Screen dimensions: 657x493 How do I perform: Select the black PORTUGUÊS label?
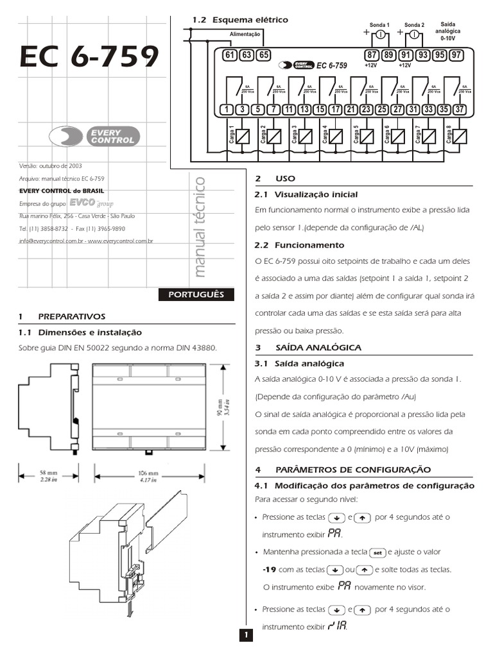pos(196,294)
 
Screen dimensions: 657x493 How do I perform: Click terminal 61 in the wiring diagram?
pos(230,55)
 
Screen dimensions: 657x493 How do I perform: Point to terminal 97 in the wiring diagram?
pos(456,55)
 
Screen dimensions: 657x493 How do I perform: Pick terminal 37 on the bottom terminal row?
pos(459,109)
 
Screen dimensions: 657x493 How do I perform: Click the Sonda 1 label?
pos(379,24)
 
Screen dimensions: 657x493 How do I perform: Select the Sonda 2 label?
pos(414,24)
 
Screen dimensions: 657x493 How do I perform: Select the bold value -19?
pos(269,569)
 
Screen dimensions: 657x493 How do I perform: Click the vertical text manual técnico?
pos(200,227)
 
